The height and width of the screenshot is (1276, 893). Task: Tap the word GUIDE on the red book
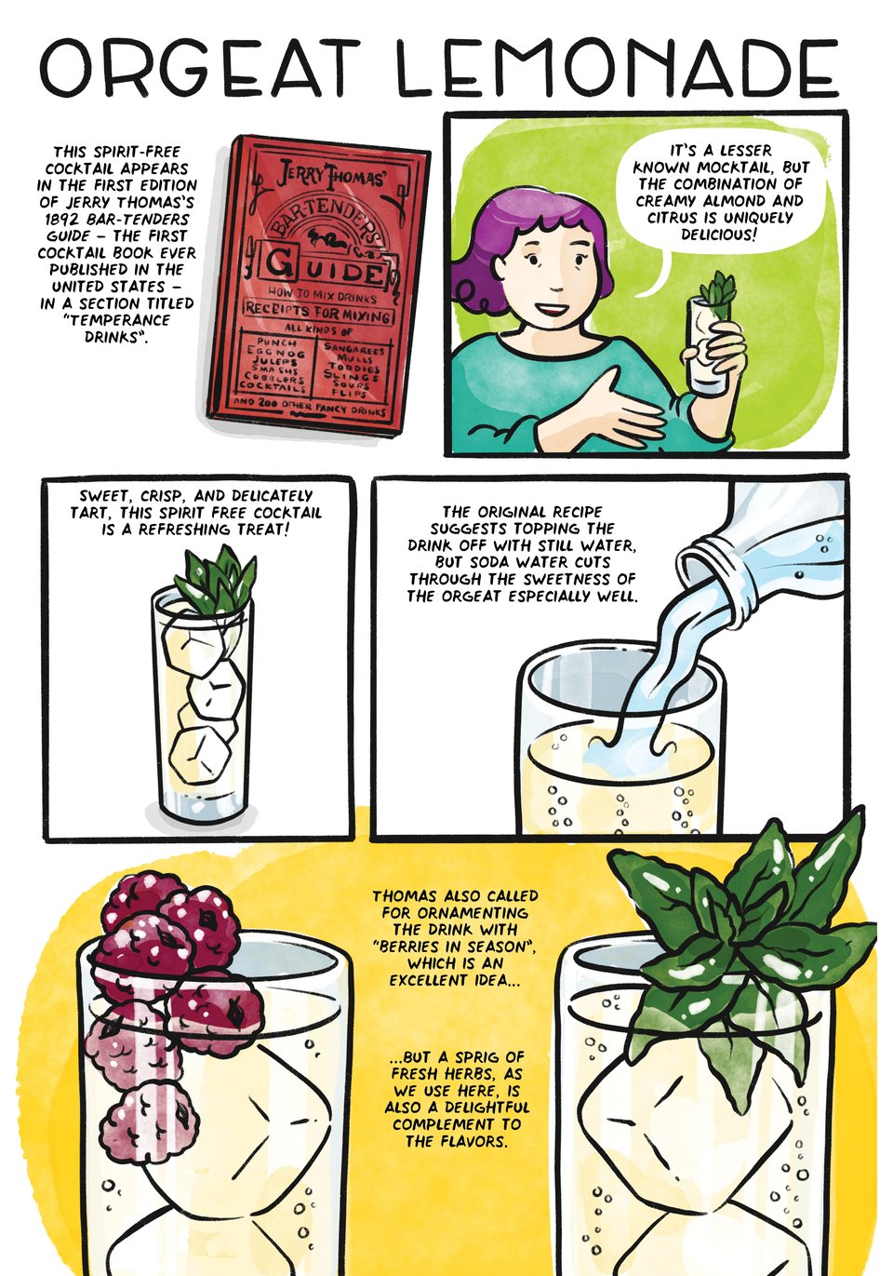coord(324,270)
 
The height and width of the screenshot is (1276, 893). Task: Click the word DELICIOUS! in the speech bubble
coord(719,235)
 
